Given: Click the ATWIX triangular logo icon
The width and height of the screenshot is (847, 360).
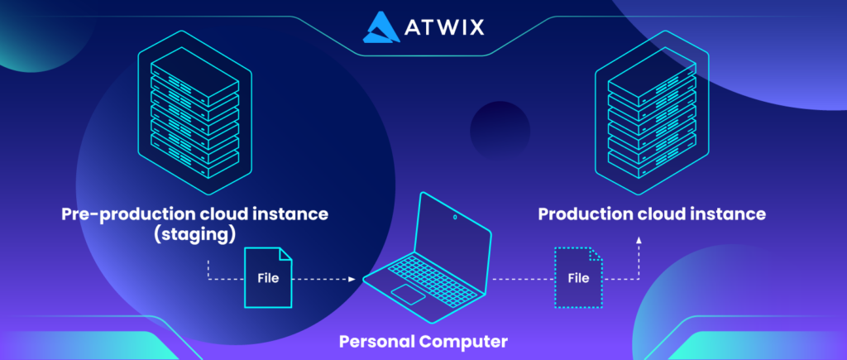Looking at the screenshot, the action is click(x=381, y=27).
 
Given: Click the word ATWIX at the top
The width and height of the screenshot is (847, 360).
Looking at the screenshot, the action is click(x=444, y=27).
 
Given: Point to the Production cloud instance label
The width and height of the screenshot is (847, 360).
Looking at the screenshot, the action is click(x=652, y=214).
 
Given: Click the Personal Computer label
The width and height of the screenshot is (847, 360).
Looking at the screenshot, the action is click(x=423, y=342).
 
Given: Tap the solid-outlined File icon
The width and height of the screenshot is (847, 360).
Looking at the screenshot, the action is click(x=269, y=278).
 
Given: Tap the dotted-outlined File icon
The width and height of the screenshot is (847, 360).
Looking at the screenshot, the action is click(x=578, y=278).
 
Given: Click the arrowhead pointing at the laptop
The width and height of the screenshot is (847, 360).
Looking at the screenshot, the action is click(x=352, y=280).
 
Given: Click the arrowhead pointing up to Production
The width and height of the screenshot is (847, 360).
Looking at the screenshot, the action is click(x=639, y=239).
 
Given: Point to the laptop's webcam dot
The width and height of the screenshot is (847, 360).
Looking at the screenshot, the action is click(x=455, y=218).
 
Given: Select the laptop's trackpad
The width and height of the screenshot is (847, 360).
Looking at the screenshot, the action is click(x=408, y=294).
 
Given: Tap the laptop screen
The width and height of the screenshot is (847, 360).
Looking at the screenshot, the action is click(x=452, y=228).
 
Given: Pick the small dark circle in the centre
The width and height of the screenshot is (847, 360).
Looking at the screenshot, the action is click(x=500, y=130).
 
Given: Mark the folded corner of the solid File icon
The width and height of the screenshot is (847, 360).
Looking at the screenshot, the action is click(x=285, y=255).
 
